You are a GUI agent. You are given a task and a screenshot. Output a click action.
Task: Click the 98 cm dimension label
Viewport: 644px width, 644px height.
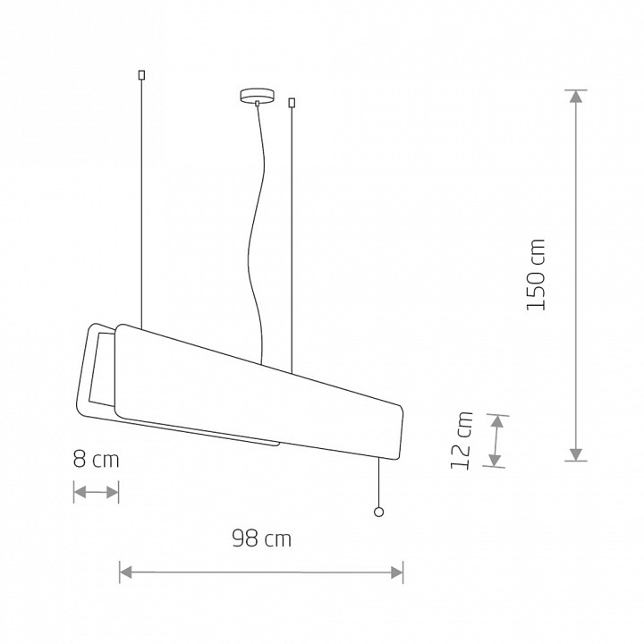tap(262, 538)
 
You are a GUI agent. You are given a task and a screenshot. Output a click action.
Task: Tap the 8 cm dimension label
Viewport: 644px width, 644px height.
tap(96, 459)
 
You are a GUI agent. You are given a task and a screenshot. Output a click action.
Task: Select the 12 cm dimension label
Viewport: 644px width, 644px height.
tap(462, 440)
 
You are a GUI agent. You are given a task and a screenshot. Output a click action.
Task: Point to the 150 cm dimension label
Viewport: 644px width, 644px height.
tap(536, 275)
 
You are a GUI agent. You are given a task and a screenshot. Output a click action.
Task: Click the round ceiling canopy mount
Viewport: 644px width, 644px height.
tap(257, 96)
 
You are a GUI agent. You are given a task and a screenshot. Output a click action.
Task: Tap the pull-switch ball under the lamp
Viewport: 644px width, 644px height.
tap(378, 512)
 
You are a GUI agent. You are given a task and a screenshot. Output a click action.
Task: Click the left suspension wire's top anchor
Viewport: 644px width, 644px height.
tap(141, 75)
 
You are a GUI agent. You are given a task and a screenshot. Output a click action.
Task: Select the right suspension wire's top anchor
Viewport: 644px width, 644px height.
tap(292, 102)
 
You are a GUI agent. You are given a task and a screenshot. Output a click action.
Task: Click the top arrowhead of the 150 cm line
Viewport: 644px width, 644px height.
tap(576, 96)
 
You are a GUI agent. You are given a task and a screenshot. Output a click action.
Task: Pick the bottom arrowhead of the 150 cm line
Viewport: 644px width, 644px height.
tap(576, 454)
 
